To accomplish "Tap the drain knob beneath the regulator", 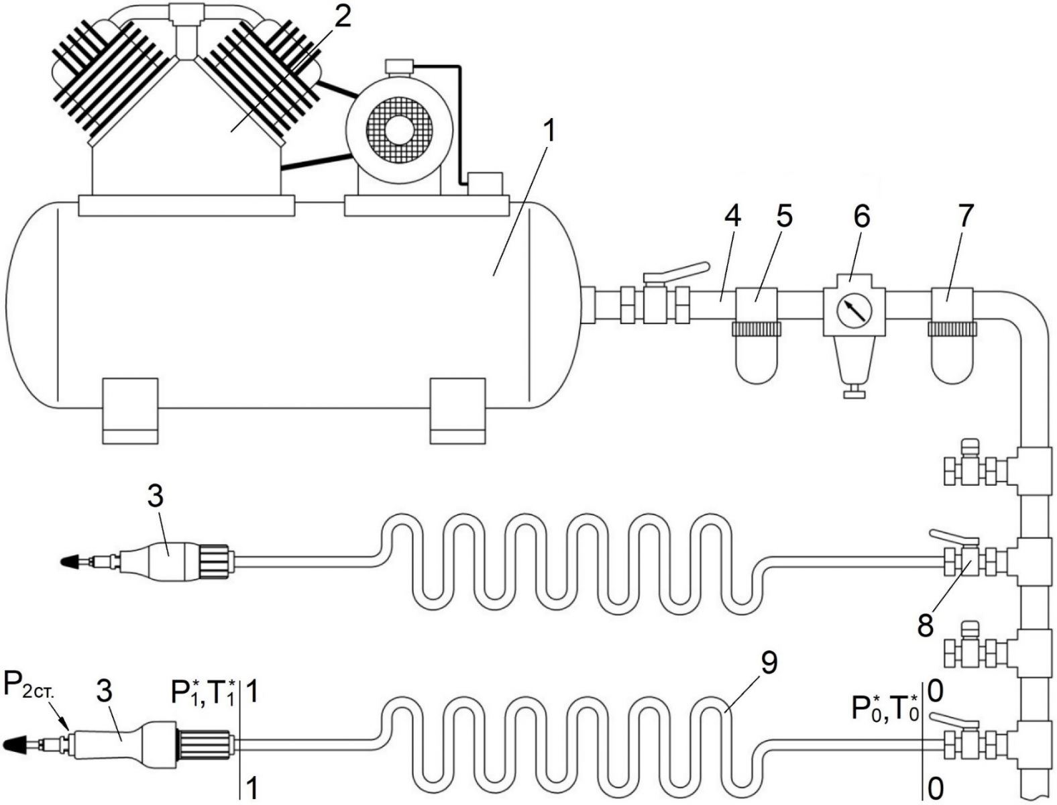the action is point(854,393).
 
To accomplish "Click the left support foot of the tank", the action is point(131,411).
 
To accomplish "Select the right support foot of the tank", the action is point(457,411).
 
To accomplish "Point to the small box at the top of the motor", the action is point(400,66).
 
